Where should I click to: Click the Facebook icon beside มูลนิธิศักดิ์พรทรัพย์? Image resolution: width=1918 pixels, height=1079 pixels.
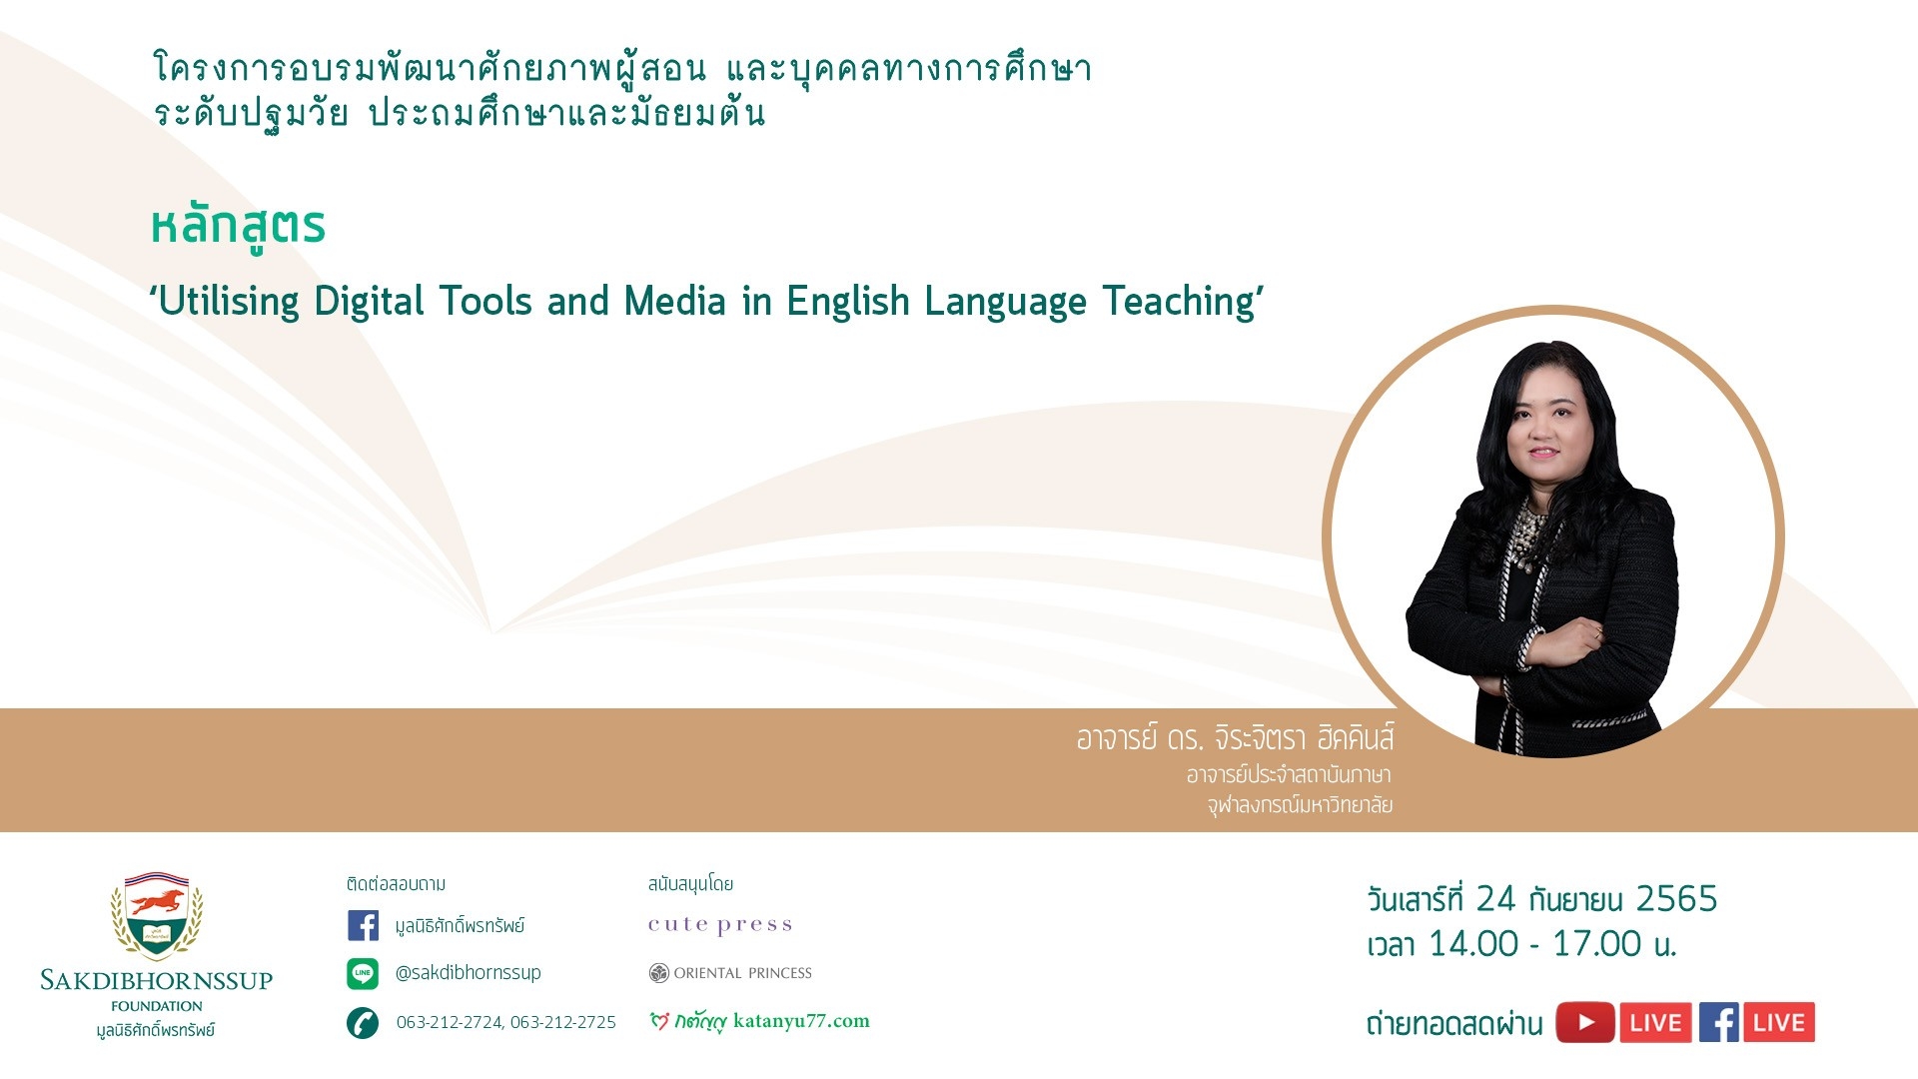[363, 925]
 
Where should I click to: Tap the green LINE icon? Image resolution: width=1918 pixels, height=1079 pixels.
[363, 973]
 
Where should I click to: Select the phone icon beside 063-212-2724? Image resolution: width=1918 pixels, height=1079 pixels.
[363, 1023]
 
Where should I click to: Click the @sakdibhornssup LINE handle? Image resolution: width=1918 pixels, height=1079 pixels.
[468, 973]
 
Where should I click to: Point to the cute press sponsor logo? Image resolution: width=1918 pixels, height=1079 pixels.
[720, 925]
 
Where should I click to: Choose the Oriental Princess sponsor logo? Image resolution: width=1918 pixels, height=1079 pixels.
[730, 973]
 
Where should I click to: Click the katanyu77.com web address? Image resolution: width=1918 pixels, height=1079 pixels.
[801, 1021]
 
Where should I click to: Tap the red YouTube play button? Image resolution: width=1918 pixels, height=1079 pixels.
[1585, 1022]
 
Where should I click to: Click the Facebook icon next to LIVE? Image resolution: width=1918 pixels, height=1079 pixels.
[1719, 1022]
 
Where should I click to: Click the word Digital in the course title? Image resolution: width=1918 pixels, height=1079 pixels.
[370, 302]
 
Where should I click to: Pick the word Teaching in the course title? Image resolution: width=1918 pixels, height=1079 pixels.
[1178, 302]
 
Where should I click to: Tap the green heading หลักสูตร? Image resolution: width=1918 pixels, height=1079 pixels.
[238, 227]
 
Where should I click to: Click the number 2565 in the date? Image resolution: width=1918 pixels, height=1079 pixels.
[1676, 899]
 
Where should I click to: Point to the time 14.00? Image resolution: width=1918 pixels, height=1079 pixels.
[1473, 944]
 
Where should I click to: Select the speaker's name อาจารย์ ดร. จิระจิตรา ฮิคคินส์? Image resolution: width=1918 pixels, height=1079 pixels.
[1235, 738]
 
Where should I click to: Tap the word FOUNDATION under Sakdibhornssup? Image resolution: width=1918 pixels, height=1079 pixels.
[157, 1006]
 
